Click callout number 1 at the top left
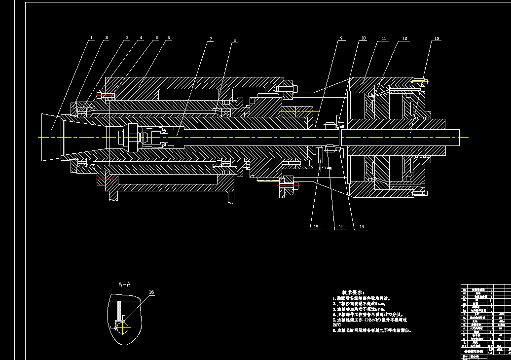pos(92,38)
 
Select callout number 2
pos(107,38)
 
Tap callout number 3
pos(127,37)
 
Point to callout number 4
pos(141,37)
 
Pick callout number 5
pos(156,37)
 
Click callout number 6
pos(169,37)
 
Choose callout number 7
pos(211,39)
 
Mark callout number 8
pos(235,40)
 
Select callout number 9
pos(340,38)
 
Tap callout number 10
pos(364,38)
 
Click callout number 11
pos(384,38)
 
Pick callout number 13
pos(436,38)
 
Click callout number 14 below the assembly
pos(362,227)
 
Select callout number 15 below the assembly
pos(340,227)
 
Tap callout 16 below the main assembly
pos(316,227)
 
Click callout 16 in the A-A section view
pos(151,292)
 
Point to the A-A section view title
pos(125,284)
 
